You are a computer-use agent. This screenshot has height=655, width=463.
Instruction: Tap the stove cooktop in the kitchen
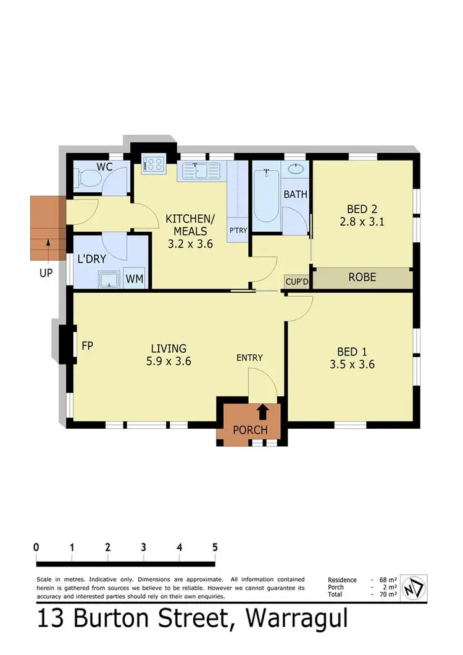point(152,164)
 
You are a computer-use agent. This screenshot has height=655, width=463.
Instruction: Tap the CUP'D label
point(296,281)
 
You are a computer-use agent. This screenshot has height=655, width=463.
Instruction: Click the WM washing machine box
point(135,279)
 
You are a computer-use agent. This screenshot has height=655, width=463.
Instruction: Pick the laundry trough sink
point(110,280)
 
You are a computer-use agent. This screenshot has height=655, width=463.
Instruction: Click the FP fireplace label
point(87,345)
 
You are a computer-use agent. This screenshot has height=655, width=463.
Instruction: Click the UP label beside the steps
point(46,272)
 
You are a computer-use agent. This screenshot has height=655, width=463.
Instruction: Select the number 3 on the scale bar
point(143,547)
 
